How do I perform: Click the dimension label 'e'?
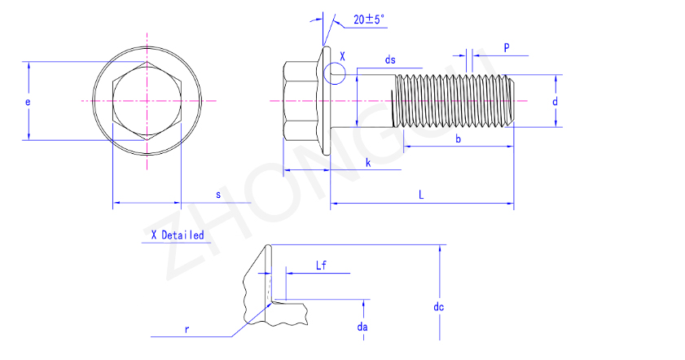28,102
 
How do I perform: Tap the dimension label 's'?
217,195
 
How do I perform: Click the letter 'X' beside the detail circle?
343,57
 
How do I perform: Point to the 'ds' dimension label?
390,59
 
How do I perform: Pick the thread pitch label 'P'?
506,48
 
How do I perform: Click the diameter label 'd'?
555,102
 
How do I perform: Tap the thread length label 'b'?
459,139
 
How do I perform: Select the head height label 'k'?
368,163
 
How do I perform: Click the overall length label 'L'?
421,195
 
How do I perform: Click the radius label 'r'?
187,329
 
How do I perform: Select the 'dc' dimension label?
438,307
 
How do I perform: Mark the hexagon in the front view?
147,101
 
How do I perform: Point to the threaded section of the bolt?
453,101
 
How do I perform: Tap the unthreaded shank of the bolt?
375,101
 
